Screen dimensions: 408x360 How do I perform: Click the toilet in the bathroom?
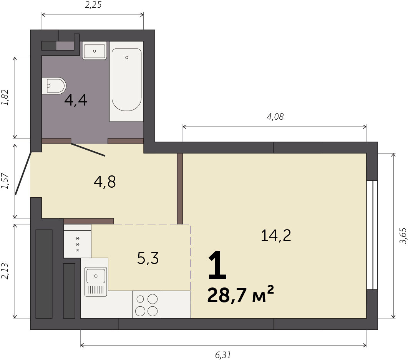click(x=54, y=86)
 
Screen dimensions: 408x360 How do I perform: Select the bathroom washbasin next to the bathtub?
click(x=95, y=51)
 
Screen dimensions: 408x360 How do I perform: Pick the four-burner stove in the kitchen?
click(x=146, y=304)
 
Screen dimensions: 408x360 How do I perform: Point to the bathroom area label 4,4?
click(x=76, y=100)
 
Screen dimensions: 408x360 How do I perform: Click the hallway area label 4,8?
click(x=104, y=182)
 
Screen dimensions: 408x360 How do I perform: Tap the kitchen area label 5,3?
click(x=148, y=258)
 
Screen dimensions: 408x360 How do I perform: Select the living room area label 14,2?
click(x=276, y=236)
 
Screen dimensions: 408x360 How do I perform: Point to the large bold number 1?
click(x=217, y=265)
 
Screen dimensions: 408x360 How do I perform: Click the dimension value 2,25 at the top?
click(x=93, y=5)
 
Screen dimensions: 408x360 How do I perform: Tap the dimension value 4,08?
click(x=275, y=117)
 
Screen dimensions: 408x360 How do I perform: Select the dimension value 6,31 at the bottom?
click(x=223, y=355)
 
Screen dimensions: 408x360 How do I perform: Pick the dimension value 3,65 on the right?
click(x=403, y=236)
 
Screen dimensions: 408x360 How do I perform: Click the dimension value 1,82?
click(x=5, y=97)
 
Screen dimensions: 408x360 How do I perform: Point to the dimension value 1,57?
click(x=5, y=181)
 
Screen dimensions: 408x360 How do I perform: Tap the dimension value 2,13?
click(x=5, y=271)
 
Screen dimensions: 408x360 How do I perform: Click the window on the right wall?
click(x=372, y=235)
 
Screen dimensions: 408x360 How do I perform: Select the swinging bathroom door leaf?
click(x=88, y=149)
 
